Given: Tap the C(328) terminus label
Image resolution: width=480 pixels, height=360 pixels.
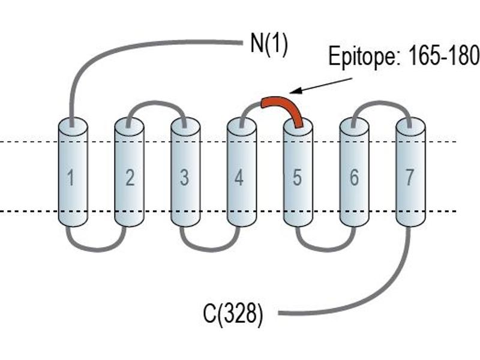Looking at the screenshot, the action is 233,313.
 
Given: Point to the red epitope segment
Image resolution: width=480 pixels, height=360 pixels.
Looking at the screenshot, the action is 284,106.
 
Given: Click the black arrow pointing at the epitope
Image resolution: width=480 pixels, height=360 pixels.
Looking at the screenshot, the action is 321,85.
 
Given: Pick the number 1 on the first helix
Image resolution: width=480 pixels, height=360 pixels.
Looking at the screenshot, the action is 71,178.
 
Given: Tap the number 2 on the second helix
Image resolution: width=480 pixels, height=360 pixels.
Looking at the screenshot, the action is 130,178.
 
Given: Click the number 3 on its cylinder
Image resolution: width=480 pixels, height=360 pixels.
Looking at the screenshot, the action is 184,178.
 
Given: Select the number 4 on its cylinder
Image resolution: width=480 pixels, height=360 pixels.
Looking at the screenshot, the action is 239,178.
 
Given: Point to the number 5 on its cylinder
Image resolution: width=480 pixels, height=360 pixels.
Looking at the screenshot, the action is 297,178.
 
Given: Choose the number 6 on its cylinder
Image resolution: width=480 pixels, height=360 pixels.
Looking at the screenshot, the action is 354,178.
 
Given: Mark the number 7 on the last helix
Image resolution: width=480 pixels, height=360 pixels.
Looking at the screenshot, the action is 410,178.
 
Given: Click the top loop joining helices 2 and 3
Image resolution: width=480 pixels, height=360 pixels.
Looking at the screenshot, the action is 156,103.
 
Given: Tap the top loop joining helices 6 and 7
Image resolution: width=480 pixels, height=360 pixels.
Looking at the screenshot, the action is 382,103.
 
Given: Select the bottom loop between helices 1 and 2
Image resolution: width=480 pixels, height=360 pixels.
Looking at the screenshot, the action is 97,250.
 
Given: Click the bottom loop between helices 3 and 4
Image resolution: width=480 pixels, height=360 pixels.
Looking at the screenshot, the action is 209,250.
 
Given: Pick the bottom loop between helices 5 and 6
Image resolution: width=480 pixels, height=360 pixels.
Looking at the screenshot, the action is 326,250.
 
